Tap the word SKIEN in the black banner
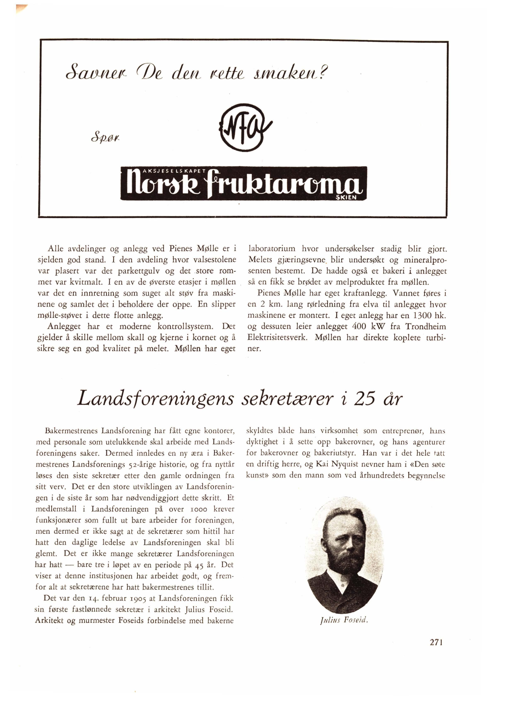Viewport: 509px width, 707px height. click(346, 198)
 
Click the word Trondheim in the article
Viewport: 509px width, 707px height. click(425, 326)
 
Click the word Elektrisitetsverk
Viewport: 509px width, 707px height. click(277, 338)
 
